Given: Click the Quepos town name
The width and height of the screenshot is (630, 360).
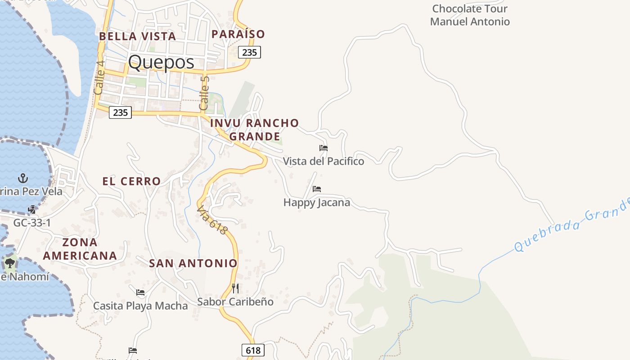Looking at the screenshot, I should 161,62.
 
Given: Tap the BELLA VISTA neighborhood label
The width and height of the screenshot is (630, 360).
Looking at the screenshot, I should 137,36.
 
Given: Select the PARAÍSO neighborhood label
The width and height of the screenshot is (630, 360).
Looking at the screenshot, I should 238,34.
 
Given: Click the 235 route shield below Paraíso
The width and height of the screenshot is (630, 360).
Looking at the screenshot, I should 249,52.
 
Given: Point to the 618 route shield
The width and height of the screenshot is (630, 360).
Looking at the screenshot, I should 253,350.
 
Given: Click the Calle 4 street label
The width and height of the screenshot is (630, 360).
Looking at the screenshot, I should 99,77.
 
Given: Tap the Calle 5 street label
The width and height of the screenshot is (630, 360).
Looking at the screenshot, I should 204,93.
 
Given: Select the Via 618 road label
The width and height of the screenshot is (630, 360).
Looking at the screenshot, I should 212,220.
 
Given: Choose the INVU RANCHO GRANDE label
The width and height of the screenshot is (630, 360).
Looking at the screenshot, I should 254,129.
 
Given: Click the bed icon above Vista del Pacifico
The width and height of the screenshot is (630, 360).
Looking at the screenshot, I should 324,148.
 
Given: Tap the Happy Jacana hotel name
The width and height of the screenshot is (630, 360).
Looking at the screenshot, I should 317,202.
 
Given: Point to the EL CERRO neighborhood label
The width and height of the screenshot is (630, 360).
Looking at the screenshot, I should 131,181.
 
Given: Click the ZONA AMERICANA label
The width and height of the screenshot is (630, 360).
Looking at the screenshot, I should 80,249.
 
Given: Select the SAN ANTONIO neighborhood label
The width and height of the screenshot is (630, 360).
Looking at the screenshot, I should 193,263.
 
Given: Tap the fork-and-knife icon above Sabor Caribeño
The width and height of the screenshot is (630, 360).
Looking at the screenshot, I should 235,288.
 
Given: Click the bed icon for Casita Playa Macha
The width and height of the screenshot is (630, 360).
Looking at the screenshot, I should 140,292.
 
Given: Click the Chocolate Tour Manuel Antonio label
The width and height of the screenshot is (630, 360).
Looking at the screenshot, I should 470,15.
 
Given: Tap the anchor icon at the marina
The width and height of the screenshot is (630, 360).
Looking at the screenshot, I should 22,178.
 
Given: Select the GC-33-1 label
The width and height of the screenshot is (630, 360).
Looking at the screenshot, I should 32,223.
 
